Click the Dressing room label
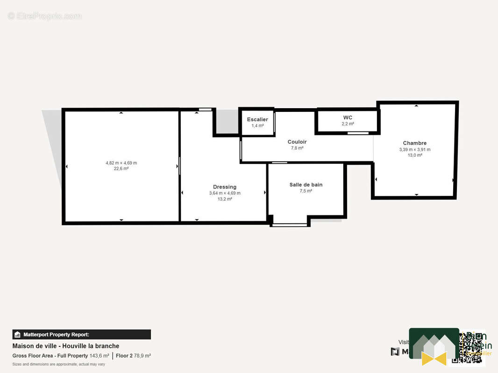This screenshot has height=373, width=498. tap(225, 187)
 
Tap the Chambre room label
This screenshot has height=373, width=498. tap(415, 143)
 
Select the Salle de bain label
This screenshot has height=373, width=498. tap(306, 185)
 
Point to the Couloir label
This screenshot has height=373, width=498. tap(297, 142)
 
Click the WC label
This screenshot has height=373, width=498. tap(348, 117)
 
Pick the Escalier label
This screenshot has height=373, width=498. tap(257, 120)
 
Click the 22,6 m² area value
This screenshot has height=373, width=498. tap(121, 169)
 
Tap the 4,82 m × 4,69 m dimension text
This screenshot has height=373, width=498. tap(121, 163)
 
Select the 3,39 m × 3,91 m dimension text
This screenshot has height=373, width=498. tap(415, 150)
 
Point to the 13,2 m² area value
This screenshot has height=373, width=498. tap(225, 199)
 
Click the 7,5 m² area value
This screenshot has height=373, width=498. tap(306, 191)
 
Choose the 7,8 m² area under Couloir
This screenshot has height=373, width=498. tap(297, 148)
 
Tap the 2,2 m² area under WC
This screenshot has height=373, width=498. tap(348, 124)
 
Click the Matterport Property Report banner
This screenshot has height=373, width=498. tap(82, 334)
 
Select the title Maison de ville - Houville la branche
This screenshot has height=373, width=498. tap(65, 346)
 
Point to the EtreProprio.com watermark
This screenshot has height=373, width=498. tap(45, 16)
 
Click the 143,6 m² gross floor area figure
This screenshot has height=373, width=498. tap(99, 356)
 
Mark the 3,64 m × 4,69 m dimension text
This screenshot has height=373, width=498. tap(225, 193)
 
